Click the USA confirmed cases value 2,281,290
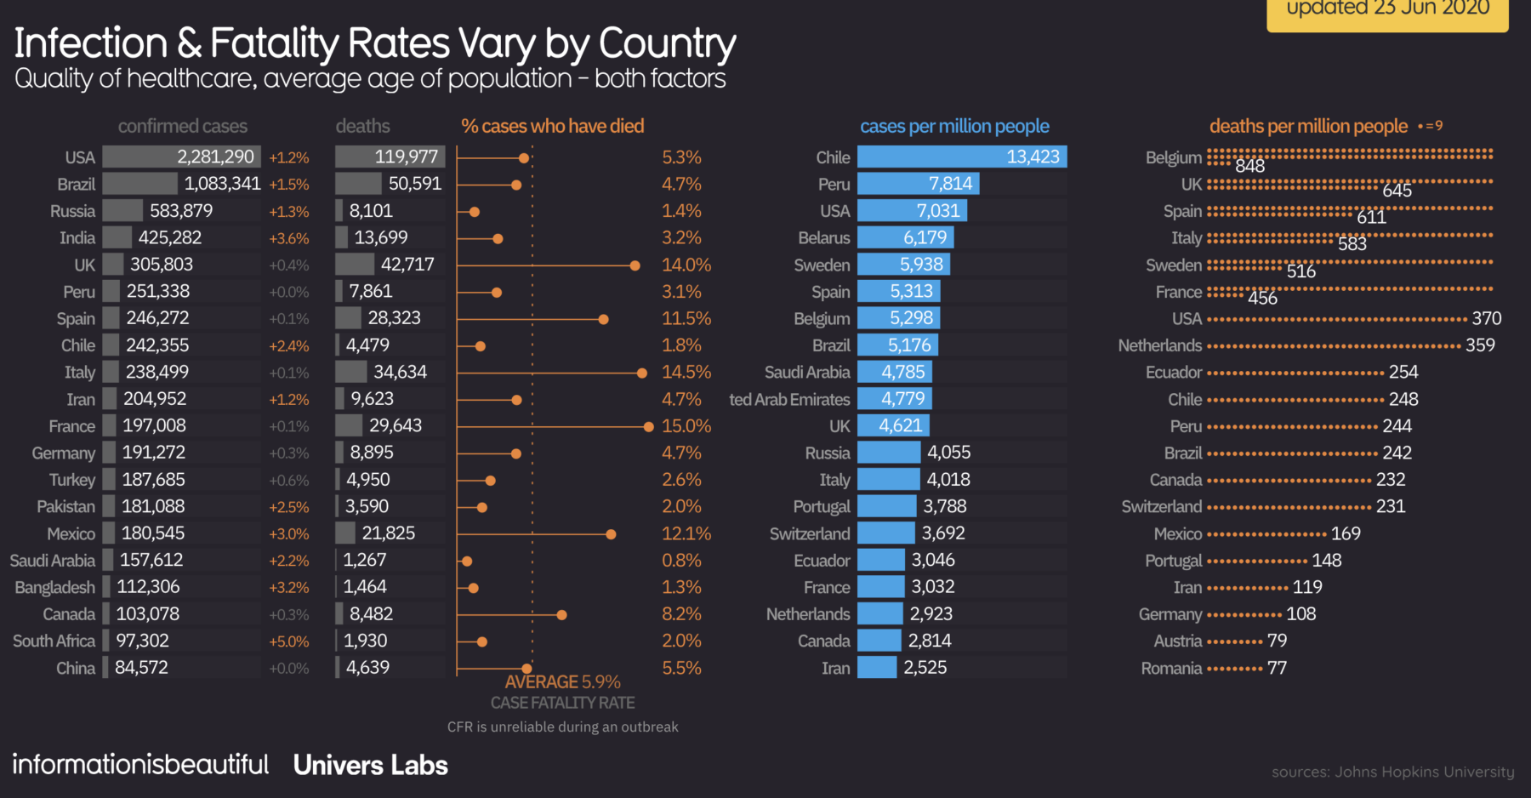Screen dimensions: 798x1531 pos(215,157)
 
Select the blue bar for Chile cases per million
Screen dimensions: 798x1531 pos(961,157)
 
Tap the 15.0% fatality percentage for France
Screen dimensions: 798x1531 pos(686,426)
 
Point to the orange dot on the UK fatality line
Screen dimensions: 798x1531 pos(635,265)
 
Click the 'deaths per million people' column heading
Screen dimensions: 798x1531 pos(1308,127)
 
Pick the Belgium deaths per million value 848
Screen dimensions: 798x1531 pos(1249,166)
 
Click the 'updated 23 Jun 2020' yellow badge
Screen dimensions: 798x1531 pos(1387,10)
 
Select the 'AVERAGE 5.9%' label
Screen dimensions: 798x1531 pos(562,682)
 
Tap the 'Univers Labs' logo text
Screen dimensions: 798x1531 pos(370,766)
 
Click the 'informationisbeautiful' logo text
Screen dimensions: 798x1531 pos(140,765)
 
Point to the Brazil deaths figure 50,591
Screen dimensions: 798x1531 pos(414,185)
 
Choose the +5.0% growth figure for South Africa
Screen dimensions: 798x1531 pos(289,641)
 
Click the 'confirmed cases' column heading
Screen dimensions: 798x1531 pos(183,127)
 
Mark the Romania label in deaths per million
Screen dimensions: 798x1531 pos(1171,669)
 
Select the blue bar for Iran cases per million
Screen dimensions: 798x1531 pos(877,668)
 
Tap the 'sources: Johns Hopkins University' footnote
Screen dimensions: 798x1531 pos(1392,772)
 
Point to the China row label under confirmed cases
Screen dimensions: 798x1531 pos(76,669)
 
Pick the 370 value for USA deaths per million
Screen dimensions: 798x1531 pos(1486,319)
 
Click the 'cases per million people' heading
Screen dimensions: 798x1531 pos(954,127)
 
